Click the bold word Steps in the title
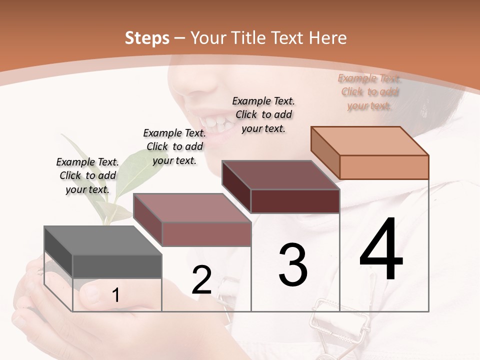click(x=147, y=38)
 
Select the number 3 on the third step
click(x=293, y=264)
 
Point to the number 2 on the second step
click(x=201, y=279)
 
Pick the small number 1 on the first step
click(x=115, y=295)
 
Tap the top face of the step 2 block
click(x=192, y=207)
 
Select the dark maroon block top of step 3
click(x=280, y=175)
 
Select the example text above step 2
click(x=174, y=146)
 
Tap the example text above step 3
click(x=263, y=114)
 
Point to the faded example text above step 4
click(x=369, y=92)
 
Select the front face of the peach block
click(x=384, y=167)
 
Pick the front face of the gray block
click(x=117, y=266)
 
